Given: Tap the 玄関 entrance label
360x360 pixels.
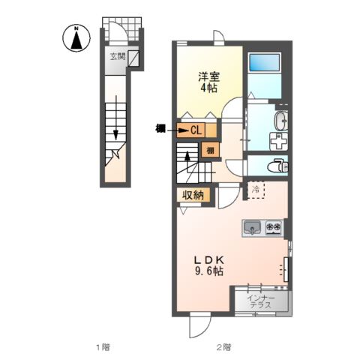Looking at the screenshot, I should point(118,56).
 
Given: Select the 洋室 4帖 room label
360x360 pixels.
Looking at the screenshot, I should point(209,82).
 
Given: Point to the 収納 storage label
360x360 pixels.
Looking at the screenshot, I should point(191,195).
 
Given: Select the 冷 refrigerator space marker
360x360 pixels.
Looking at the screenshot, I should point(255,189).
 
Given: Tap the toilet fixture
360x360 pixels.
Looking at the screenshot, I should point(279,165).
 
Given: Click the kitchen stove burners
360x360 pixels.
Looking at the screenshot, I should point(272,226).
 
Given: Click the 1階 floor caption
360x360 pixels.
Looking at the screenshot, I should point(103,347).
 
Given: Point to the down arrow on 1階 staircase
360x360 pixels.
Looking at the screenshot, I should point(117,133).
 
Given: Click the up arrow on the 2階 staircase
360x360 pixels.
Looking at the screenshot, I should point(187,160).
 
